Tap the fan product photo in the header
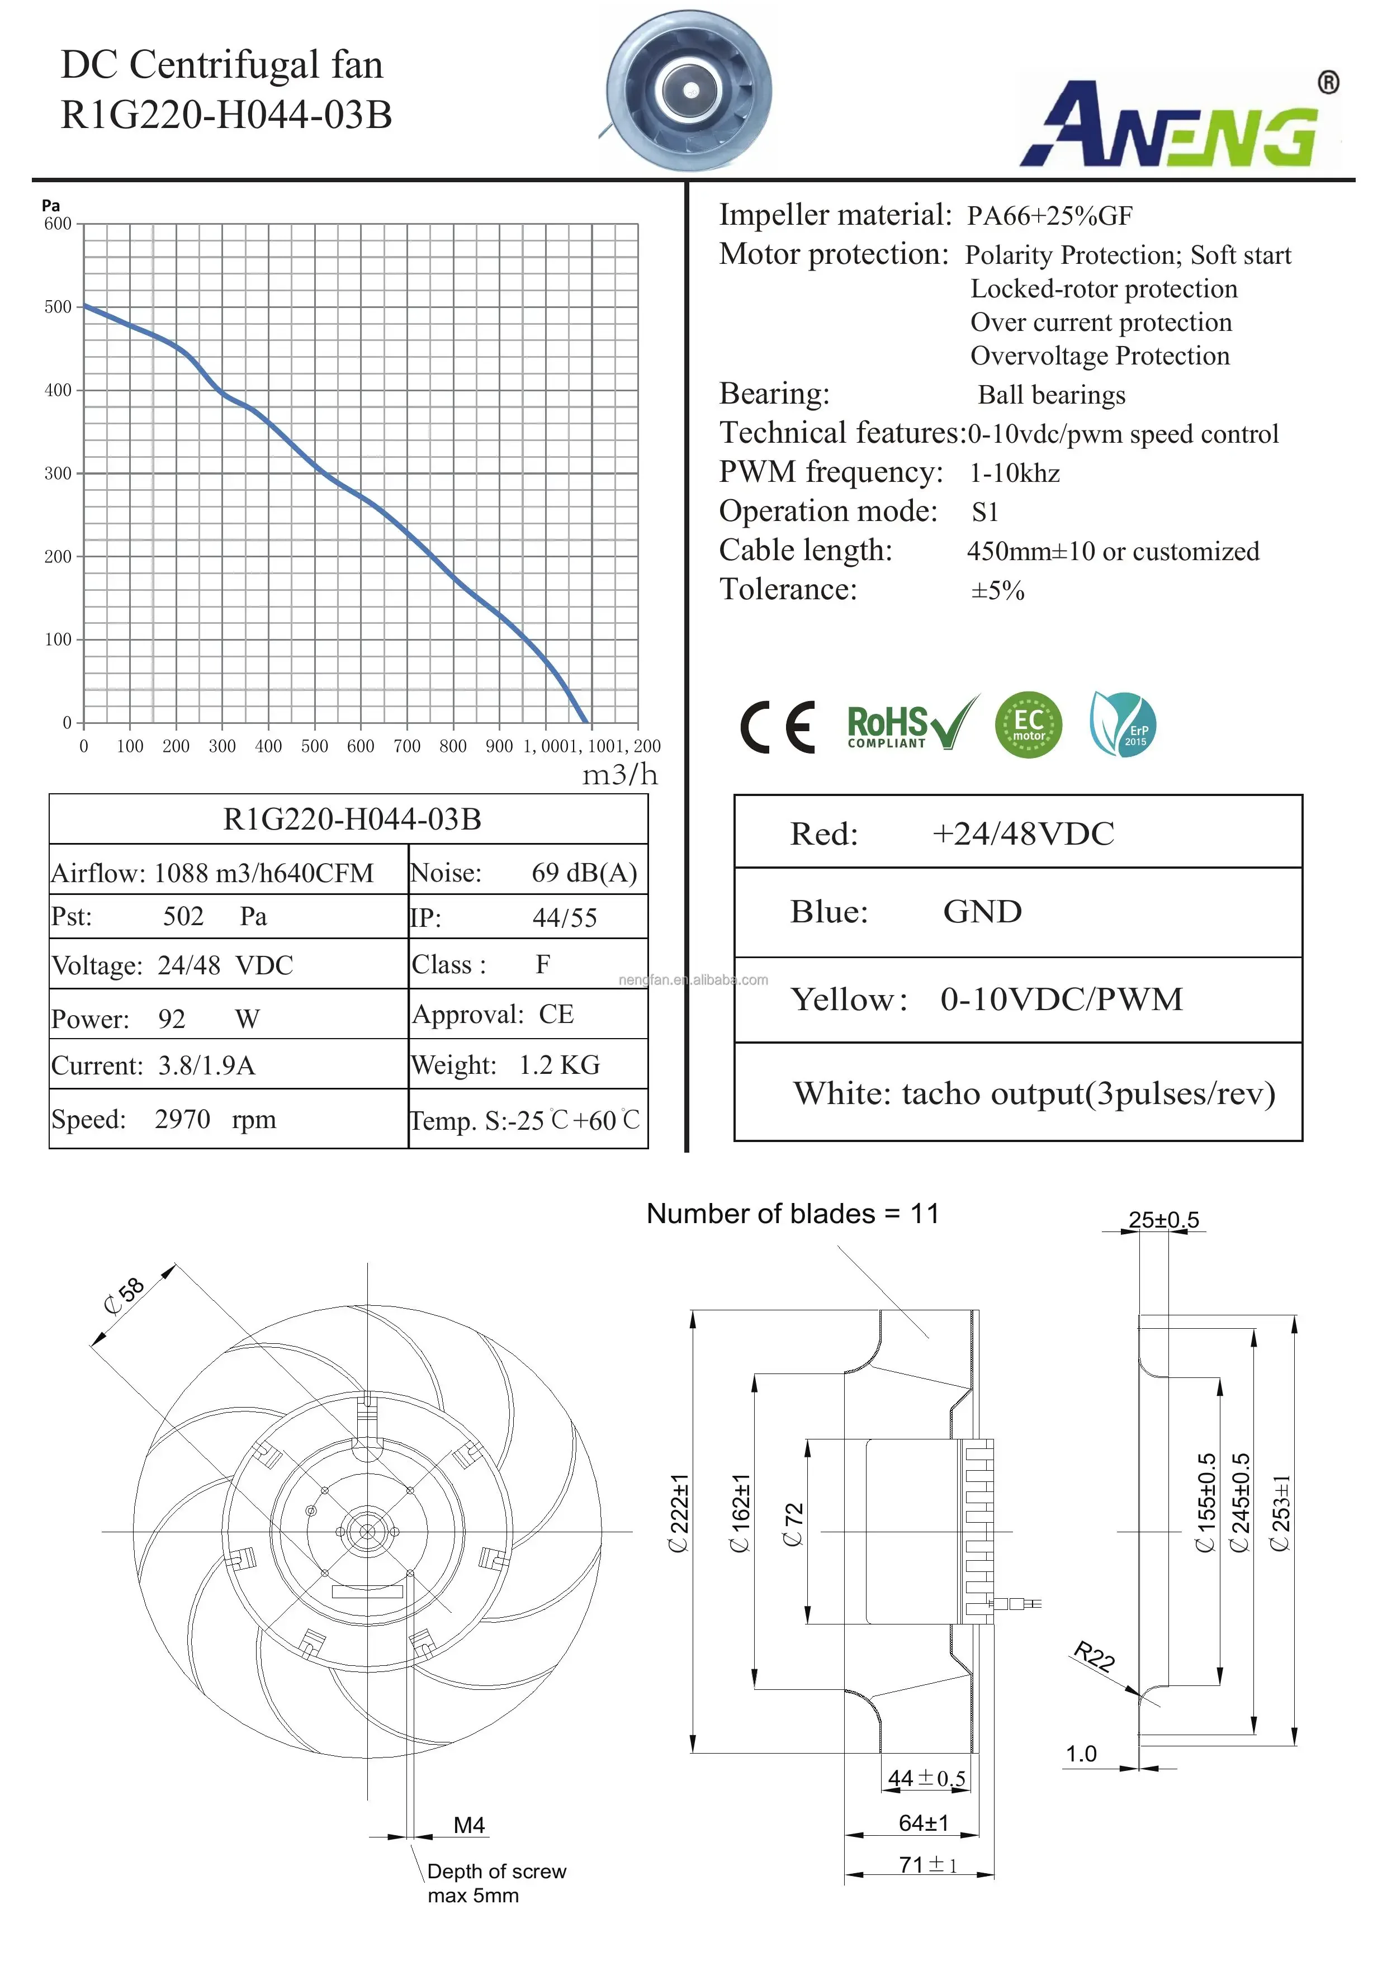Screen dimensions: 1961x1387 pyautogui.click(x=688, y=89)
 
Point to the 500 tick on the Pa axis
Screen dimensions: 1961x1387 pyautogui.click(x=58, y=307)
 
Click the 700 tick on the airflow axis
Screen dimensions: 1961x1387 pyautogui.click(x=406, y=746)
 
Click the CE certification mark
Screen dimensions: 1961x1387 pyautogui.click(x=777, y=726)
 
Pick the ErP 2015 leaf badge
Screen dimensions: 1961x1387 pyautogui.click(x=1123, y=724)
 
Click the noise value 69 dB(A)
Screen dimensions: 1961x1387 pyautogui.click(x=584, y=872)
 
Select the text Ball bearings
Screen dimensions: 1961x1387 pyautogui.click(x=1052, y=395)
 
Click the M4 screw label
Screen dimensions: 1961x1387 pyautogui.click(x=469, y=1825)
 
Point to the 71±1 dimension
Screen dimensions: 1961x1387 pyautogui.click(x=927, y=1864)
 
